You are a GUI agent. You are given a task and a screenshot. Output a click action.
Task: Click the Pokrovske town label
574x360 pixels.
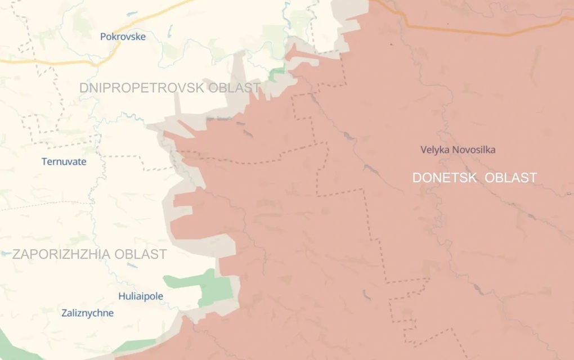[x=123, y=37]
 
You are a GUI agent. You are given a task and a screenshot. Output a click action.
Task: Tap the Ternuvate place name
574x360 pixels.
[x=64, y=161]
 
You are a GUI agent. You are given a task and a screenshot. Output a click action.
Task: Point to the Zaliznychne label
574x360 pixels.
[x=87, y=313]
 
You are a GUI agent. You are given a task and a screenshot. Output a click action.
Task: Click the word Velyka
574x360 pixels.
[x=436, y=150]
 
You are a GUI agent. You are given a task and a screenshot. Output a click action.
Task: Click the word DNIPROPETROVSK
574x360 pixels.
[x=142, y=88]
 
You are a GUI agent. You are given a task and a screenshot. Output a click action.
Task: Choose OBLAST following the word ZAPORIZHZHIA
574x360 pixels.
[x=141, y=254]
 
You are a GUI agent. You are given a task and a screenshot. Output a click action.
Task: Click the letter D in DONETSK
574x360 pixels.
[x=417, y=178]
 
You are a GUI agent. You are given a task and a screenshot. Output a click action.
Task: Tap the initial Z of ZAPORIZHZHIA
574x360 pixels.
[x=16, y=254]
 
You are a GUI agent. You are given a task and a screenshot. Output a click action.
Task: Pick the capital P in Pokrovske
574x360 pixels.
[x=103, y=37]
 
